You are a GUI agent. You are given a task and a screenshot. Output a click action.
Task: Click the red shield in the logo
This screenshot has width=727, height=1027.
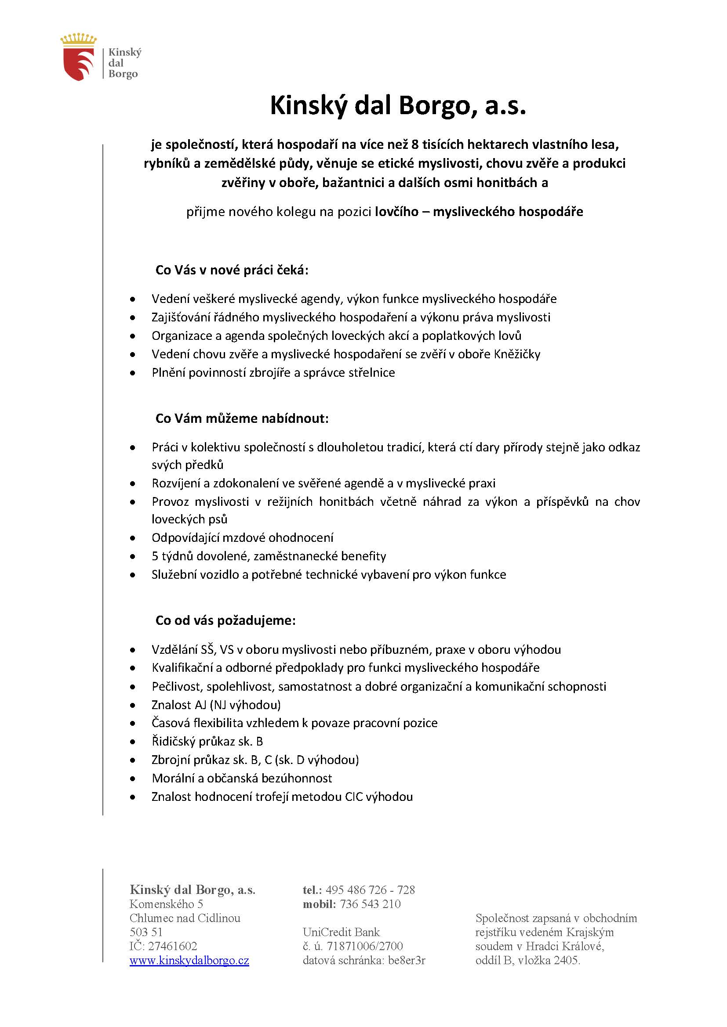79,64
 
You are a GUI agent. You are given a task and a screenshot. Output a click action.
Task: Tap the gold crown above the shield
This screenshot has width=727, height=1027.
79,39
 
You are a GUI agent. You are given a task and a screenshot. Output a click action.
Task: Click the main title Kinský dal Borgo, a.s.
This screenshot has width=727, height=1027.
397,106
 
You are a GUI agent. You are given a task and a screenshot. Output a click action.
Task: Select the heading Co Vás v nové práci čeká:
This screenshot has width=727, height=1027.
232,270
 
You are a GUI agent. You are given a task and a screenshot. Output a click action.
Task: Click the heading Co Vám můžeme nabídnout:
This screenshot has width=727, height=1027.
242,419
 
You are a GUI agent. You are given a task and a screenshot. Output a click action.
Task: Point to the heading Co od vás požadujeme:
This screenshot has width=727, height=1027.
225,620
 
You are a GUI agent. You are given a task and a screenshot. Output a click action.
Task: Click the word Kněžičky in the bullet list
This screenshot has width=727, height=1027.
517,354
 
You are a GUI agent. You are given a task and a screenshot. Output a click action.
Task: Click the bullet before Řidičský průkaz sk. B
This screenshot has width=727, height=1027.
132,742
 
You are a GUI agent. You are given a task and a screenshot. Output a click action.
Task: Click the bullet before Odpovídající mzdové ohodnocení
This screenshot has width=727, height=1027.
132,538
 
